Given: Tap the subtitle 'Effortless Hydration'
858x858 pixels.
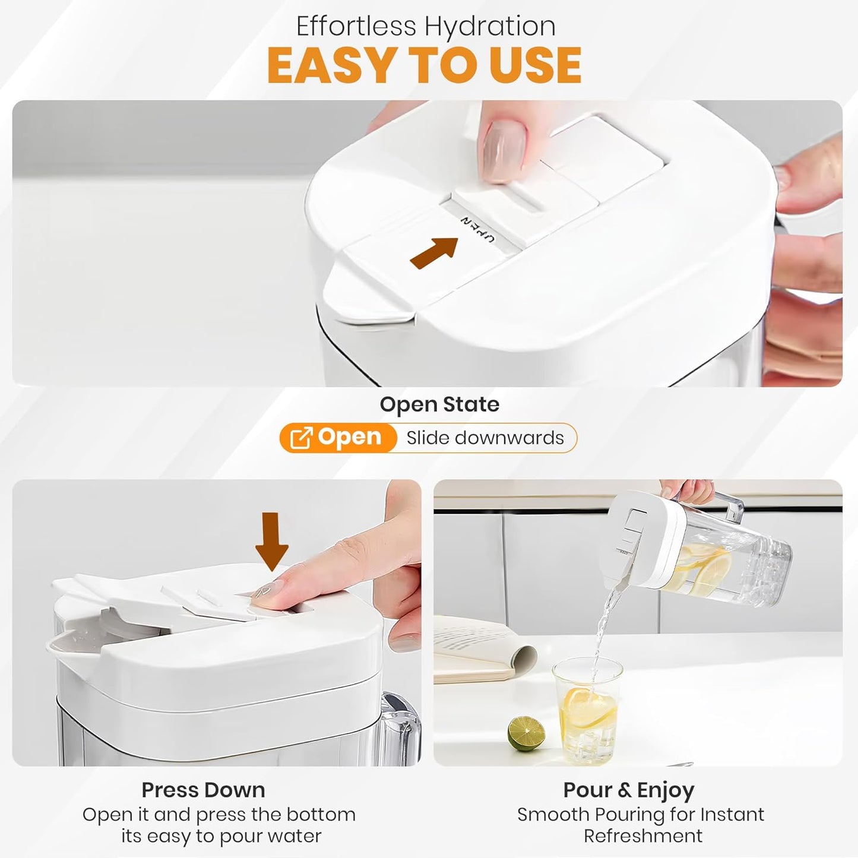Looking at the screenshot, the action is tap(426, 26).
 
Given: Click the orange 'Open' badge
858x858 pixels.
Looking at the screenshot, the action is tap(338, 438).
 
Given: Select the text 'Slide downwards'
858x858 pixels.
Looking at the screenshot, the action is tap(485, 438).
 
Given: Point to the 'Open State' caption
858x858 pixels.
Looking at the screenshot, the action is tap(439, 404).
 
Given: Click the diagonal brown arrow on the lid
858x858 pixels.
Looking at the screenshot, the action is tap(433, 253).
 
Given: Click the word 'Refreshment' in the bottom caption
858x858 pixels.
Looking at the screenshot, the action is tap(643, 836).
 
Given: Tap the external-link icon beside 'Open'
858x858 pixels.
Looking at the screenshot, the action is tap(300, 438).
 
